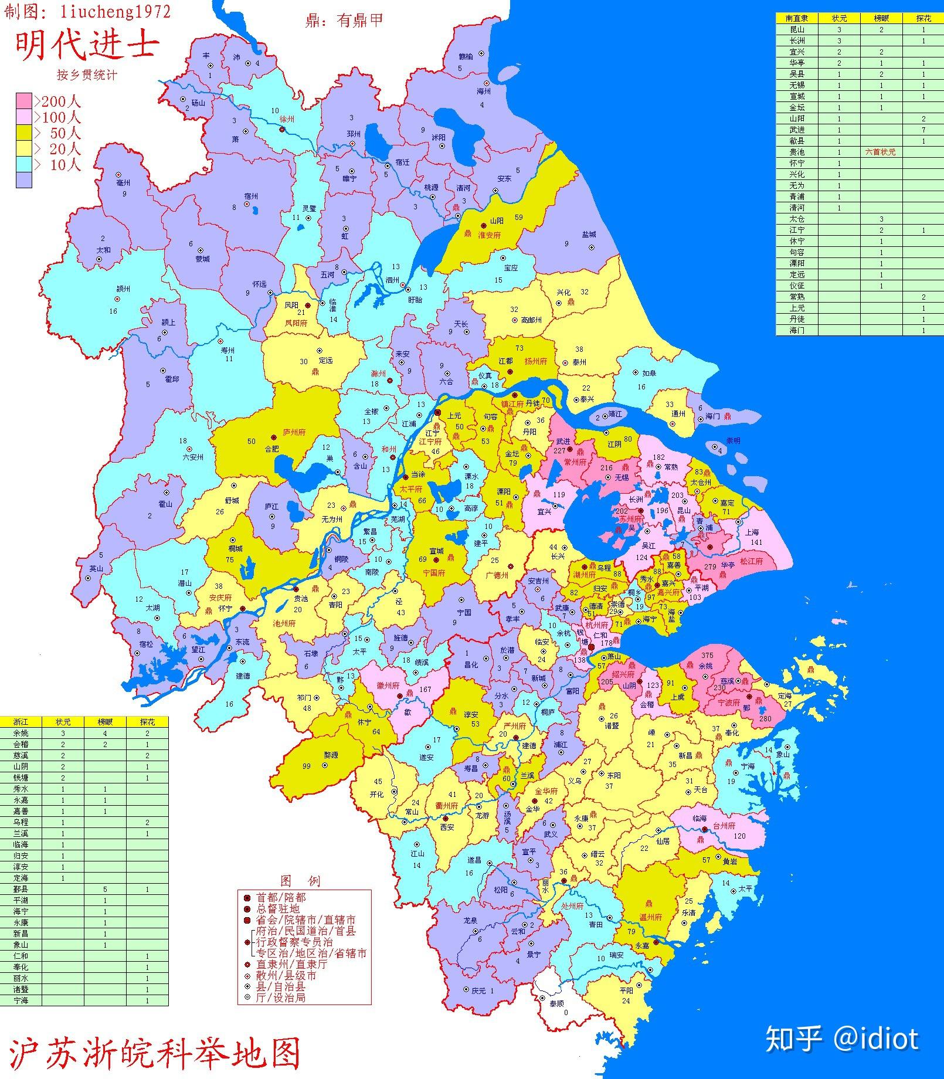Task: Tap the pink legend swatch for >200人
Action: point(24,101)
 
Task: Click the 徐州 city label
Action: point(287,119)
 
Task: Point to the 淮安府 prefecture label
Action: point(489,235)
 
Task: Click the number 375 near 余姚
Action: point(707,656)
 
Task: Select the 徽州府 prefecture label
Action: point(388,685)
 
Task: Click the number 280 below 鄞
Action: point(765,718)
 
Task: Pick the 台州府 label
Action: point(724,825)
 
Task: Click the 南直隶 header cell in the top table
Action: point(797,18)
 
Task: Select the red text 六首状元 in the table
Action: point(881,152)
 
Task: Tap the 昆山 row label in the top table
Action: point(797,29)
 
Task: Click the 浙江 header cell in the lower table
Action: point(21,722)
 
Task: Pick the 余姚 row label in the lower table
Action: point(21,733)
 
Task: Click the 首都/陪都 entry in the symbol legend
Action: point(280,898)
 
